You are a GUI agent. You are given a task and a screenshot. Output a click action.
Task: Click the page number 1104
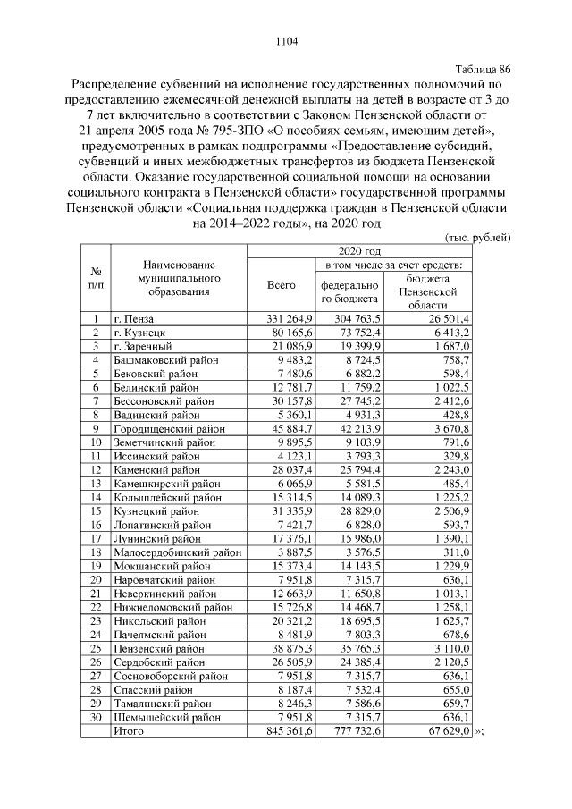pos(285,40)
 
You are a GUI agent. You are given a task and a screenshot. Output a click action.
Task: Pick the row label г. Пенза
pos(134,318)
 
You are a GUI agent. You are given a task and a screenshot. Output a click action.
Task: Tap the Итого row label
pos(130,730)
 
